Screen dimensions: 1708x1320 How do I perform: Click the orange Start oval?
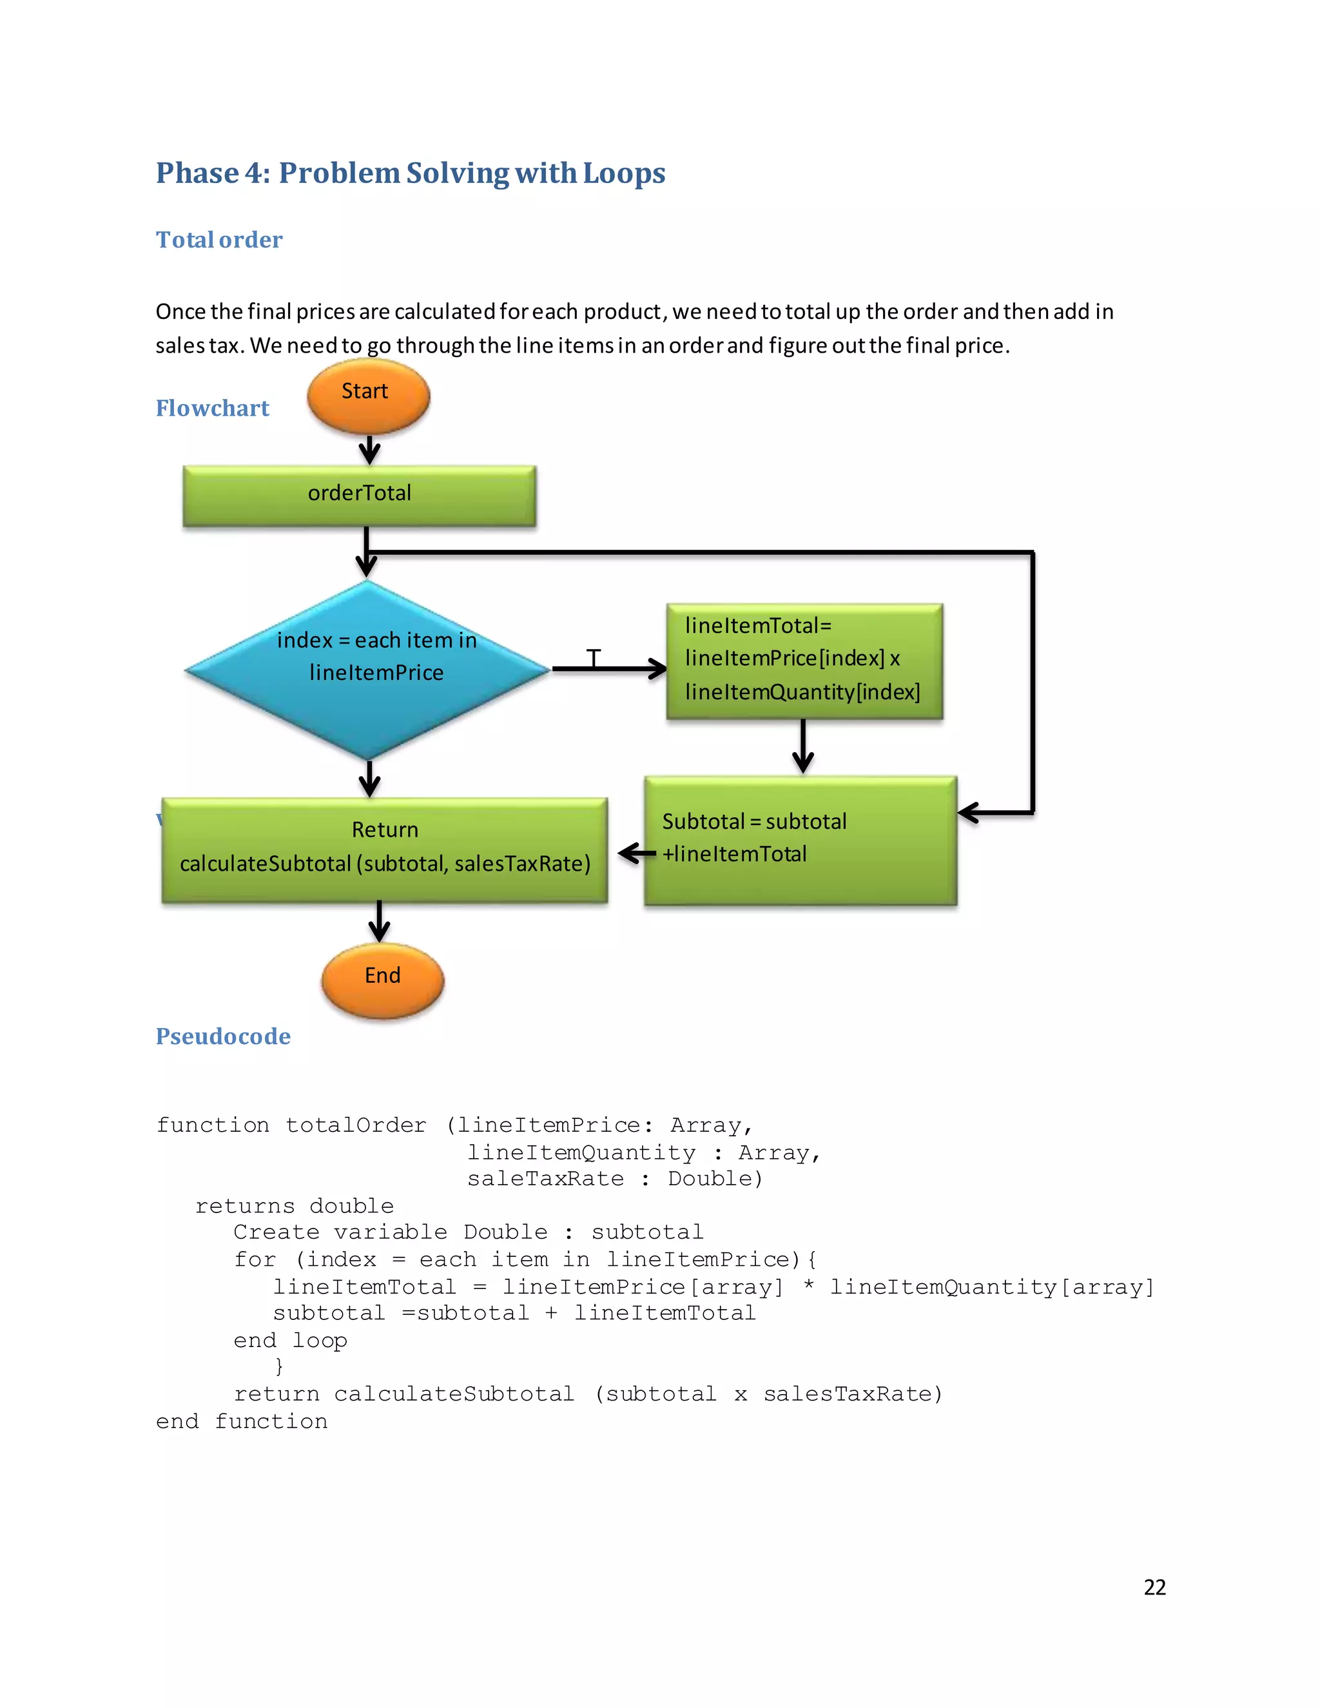(368, 396)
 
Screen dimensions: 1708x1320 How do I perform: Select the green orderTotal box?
(359, 495)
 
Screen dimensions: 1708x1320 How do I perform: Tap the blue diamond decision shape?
(367, 670)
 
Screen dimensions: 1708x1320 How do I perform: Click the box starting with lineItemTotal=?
(804, 660)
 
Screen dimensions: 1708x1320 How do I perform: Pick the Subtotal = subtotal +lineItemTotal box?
(800, 840)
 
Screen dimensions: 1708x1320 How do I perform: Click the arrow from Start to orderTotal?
(369, 451)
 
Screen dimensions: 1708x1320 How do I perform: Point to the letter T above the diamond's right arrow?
(594, 657)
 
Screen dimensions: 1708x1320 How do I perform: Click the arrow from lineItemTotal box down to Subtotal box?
(803, 747)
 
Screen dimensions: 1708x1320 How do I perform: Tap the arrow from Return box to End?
(379, 922)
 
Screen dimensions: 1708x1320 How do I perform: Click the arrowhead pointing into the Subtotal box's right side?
(969, 813)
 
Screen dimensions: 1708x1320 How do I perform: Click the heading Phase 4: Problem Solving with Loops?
(411, 173)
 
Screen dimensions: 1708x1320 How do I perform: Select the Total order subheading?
(219, 239)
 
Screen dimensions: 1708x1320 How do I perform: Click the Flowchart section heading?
(212, 408)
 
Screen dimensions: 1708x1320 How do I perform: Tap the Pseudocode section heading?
(223, 1036)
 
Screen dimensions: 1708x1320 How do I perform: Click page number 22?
(1154, 1587)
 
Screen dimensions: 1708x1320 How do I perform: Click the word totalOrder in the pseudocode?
(356, 1125)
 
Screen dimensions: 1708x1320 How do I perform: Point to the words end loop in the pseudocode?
(290, 1341)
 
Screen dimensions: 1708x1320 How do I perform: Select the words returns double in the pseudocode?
(294, 1206)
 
